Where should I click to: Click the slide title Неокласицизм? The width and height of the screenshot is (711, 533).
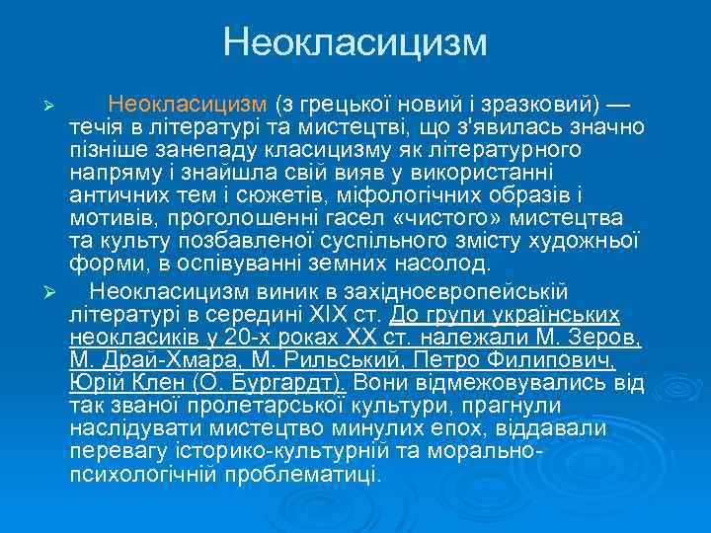pyautogui.click(x=355, y=41)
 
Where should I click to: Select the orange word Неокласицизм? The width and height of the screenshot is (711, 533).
pyautogui.click(x=188, y=105)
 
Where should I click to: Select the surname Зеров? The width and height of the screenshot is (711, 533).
pyautogui.click(x=604, y=337)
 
